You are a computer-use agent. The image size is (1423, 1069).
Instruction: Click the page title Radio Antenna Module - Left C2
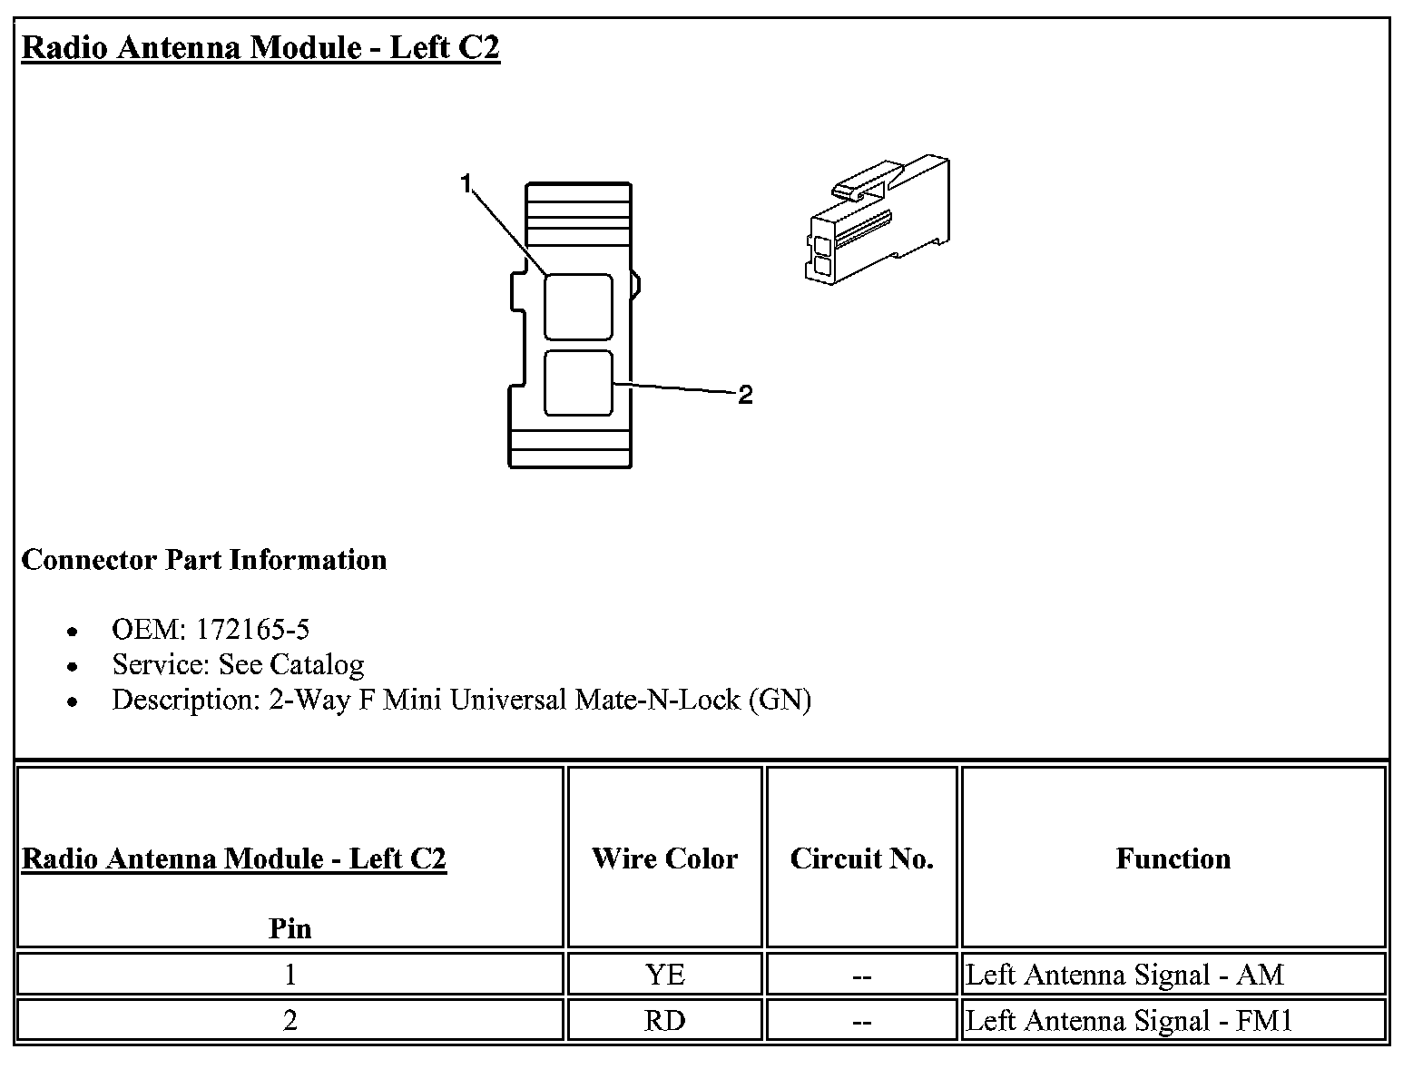(x=260, y=47)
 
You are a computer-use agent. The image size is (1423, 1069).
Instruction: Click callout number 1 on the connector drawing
(x=466, y=184)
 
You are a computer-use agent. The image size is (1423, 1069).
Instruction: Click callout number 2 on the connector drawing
(x=745, y=395)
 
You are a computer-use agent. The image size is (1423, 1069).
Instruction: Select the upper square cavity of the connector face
(x=578, y=307)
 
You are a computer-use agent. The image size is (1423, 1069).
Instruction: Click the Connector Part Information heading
(x=204, y=560)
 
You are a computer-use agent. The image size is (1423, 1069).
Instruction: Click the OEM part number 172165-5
(x=253, y=629)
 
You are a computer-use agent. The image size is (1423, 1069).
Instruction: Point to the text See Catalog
(x=291, y=664)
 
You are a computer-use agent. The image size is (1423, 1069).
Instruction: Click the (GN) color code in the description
(x=780, y=700)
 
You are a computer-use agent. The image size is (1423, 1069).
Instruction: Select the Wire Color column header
(x=664, y=858)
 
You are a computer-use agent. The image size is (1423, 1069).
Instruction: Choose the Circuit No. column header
(x=861, y=858)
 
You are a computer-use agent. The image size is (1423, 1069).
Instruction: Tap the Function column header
(x=1173, y=858)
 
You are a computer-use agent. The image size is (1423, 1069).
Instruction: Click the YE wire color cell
(x=664, y=975)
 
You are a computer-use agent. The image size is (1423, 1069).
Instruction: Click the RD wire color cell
(x=664, y=1021)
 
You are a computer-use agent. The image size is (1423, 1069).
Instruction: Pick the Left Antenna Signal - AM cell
(x=1124, y=975)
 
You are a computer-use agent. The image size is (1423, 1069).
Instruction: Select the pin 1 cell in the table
(x=290, y=975)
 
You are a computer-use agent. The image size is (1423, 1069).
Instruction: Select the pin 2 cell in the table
(x=290, y=1021)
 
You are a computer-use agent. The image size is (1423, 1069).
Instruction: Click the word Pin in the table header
(x=290, y=928)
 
